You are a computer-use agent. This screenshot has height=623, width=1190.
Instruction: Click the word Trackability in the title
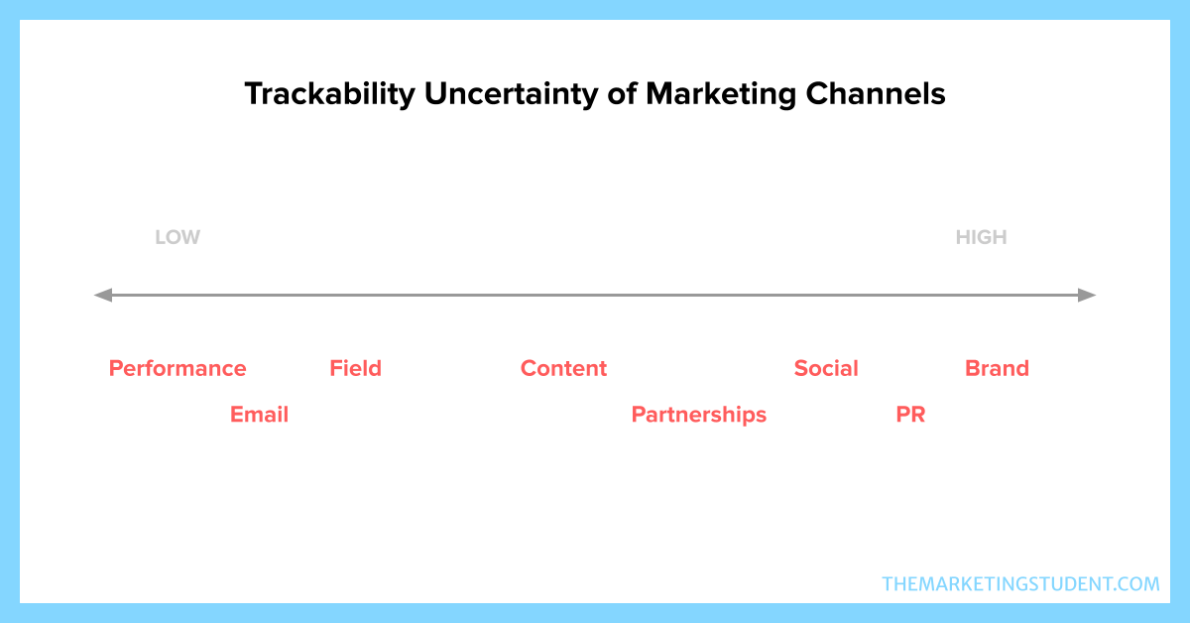click(x=330, y=94)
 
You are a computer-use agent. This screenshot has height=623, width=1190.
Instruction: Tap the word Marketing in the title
click(x=721, y=94)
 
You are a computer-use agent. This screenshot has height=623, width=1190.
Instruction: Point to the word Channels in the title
click(x=876, y=93)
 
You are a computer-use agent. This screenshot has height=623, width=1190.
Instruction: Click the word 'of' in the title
click(x=622, y=93)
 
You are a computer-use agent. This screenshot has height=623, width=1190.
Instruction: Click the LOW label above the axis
click(x=178, y=237)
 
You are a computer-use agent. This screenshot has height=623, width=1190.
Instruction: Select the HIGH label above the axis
click(x=981, y=237)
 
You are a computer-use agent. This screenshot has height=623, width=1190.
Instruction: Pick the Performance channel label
click(x=178, y=368)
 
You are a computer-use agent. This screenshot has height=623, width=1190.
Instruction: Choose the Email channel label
click(x=259, y=415)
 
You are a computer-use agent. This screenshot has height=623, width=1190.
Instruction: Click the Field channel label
click(x=355, y=368)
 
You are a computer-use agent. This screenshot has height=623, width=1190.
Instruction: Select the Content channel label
click(x=563, y=368)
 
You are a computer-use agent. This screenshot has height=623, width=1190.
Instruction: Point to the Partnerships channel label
click(x=699, y=415)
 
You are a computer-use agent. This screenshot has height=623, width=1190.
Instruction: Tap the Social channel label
click(x=826, y=368)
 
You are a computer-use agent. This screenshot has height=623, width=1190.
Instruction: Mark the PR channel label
click(x=910, y=415)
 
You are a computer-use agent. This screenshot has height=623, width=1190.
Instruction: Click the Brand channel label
click(x=998, y=368)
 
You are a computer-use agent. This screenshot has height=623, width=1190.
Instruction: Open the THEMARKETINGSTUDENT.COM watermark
click(x=1020, y=584)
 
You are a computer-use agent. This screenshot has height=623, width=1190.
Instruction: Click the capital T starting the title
click(x=254, y=94)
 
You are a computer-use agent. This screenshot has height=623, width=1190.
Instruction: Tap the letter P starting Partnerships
click(x=638, y=415)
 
